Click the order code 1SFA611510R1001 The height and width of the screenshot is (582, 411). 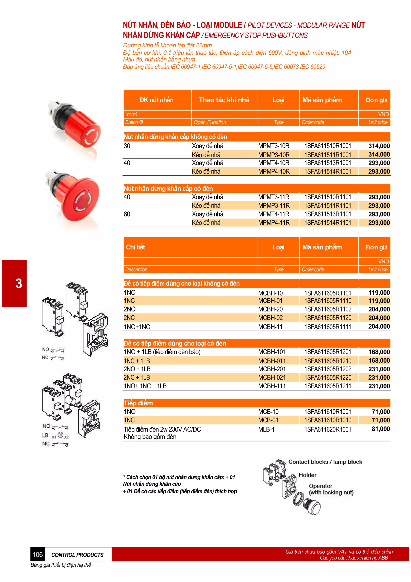pyautogui.click(x=328, y=146)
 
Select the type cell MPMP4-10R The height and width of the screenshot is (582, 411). pyautogui.click(x=274, y=172)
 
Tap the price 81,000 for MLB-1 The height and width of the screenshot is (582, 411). pyautogui.click(x=381, y=429)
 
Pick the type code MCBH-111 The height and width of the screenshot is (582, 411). pyautogui.click(x=272, y=386)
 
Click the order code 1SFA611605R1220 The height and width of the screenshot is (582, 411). pyautogui.click(x=328, y=378)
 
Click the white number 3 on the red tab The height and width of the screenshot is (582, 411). pyautogui.click(x=18, y=283)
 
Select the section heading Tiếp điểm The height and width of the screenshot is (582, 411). pyautogui.click(x=138, y=403)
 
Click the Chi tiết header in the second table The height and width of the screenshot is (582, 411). pyautogui.click(x=135, y=247)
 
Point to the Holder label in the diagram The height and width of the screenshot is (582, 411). pyautogui.click(x=307, y=475)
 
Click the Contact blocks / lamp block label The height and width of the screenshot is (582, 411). pyautogui.click(x=325, y=462)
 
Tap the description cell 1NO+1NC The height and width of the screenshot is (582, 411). pyautogui.click(x=137, y=327)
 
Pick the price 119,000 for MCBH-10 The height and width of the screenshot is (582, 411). pyautogui.click(x=379, y=293)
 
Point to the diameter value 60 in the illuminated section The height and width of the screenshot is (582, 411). pyautogui.click(x=127, y=214)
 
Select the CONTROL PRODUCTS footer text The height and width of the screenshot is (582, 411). pyautogui.click(x=77, y=555)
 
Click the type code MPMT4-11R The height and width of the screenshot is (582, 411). pyautogui.click(x=274, y=214)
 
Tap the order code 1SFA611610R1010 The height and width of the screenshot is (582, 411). pyautogui.click(x=328, y=420)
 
